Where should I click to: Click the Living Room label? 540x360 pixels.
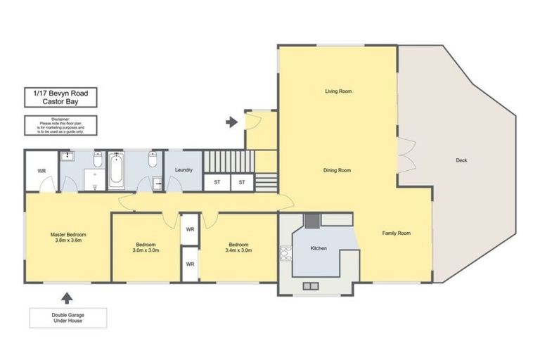[x=337, y=91]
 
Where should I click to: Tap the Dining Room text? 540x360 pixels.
[x=337, y=170]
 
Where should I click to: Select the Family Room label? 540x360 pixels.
[x=396, y=233]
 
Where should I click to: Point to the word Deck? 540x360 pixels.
[x=461, y=160]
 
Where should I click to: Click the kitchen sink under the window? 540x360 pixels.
[x=310, y=285]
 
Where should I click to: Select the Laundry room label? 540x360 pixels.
[x=184, y=169]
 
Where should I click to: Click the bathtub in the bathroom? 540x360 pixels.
[x=117, y=170]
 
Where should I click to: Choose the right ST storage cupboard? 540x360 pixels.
[x=241, y=183]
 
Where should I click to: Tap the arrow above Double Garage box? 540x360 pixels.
[x=67, y=297]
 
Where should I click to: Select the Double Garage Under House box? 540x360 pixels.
[x=67, y=317]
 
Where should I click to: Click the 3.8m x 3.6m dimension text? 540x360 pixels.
[x=67, y=240]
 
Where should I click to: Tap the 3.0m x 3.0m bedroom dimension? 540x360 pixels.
[x=147, y=250]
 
